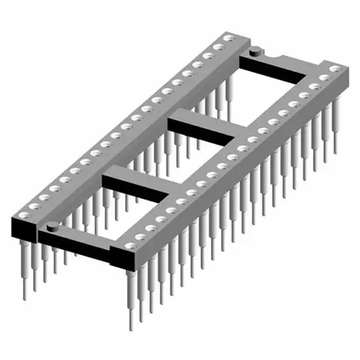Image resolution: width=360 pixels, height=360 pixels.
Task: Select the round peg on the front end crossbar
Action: [52, 227]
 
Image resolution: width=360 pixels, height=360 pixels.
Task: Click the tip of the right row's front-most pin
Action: [130, 328]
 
